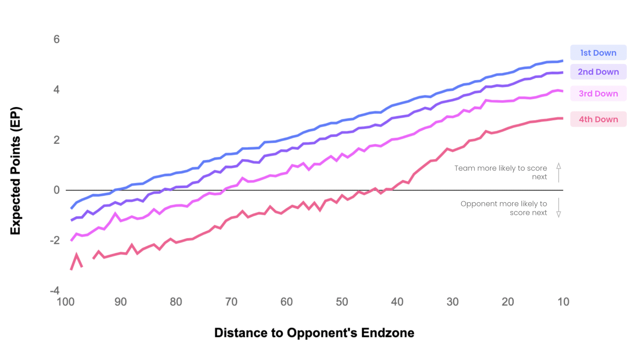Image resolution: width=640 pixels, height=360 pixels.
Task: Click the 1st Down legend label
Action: click(x=598, y=53)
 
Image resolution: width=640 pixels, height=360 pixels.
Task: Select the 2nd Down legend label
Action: click(x=598, y=72)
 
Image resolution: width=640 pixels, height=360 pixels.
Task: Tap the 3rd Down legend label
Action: click(x=598, y=94)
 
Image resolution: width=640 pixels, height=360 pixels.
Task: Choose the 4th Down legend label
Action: click(x=598, y=119)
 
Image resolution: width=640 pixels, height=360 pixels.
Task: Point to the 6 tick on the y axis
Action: click(x=57, y=39)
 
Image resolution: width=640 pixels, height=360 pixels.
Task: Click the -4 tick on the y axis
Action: click(x=55, y=291)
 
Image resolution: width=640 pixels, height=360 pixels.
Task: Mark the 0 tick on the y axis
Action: click(x=57, y=190)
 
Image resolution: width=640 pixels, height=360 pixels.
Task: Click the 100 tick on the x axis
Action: click(x=66, y=302)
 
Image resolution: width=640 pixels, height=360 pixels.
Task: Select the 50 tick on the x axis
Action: click(x=342, y=302)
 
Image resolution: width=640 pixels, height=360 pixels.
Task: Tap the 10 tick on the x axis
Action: click(x=563, y=302)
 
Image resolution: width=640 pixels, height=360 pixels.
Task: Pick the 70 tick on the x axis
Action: click(x=231, y=302)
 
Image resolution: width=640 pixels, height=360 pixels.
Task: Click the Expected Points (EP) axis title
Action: click(x=16, y=171)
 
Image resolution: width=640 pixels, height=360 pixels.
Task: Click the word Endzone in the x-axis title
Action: click(x=388, y=333)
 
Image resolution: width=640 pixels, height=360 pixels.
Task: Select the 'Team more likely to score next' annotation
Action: click(x=500, y=172)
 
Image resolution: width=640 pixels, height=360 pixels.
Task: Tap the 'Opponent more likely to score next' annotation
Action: click(x=504, y=208)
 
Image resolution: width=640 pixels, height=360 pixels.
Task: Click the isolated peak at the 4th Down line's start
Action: click(x=76, y=255)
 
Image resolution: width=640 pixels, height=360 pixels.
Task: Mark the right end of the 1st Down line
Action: click(x=562, y=61)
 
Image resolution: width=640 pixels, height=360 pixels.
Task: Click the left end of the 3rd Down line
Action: click(x=71, y=240)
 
